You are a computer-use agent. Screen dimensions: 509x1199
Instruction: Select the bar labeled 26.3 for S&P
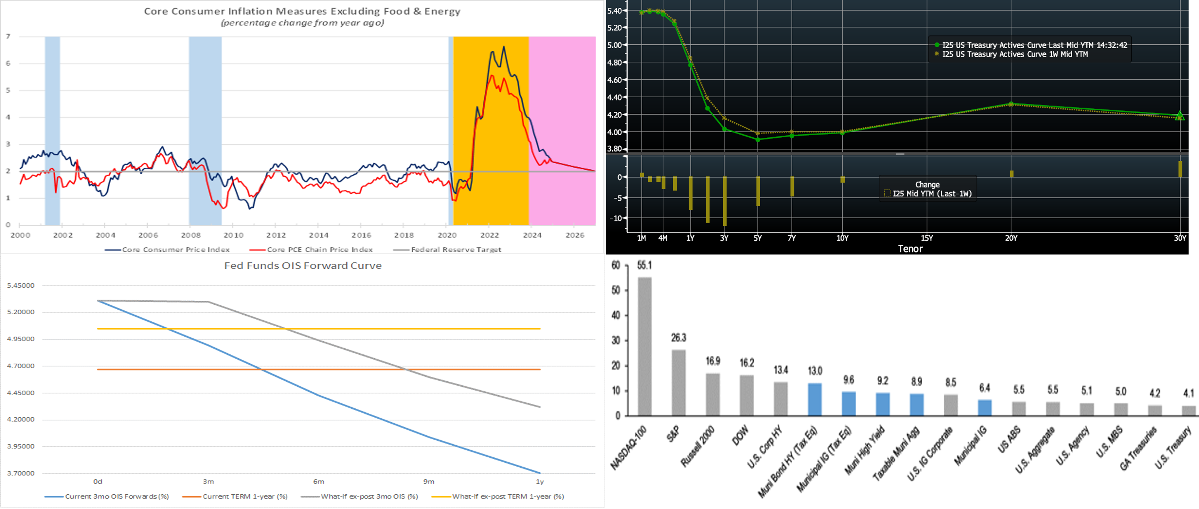[x=678, y=383]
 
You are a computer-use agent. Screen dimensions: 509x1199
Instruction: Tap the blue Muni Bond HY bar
[x=814, y=399]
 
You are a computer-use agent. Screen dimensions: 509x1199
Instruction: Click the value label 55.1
[x=644, y=265]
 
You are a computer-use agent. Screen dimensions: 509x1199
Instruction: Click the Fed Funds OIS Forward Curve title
[x=303, y=265]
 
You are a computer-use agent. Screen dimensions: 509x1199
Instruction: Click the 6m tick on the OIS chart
[x=318, y=482]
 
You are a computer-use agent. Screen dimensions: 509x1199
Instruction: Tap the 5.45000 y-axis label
[x=20, y=285]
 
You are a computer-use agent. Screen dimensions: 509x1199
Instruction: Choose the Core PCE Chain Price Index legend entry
[x=319, y=249]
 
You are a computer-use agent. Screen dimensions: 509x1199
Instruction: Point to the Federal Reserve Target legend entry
[x=456, y=249]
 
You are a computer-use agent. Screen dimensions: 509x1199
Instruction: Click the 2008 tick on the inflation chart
[x=191, y=235]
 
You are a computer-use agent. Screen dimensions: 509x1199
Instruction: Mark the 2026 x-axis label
[x=575, y=235]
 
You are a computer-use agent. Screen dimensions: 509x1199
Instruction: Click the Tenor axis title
[x=910, y=249]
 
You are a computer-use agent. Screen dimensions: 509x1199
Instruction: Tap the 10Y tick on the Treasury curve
[x=842, y=238]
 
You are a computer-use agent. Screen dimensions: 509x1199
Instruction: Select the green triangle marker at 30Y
[x=1179, y=116]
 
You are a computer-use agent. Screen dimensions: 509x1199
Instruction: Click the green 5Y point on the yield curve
[x=758, y=140]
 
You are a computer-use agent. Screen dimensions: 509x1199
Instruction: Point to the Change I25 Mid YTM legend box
[x=927, y=189]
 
